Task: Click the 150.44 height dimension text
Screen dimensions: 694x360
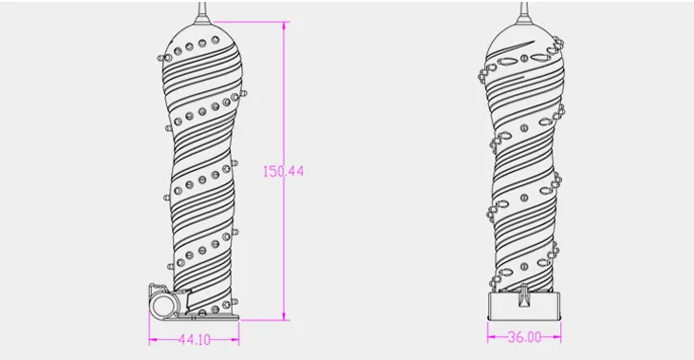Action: (283, 171)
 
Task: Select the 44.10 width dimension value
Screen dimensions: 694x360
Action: (195, 340)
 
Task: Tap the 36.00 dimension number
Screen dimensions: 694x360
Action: (524, 337)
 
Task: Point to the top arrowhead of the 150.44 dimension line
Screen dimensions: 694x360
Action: (284, 26)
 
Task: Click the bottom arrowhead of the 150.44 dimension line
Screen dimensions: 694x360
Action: (284, 315)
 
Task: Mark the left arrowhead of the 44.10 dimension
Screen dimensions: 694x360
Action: (153, 340)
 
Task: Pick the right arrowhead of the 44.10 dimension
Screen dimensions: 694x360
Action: (235, 340)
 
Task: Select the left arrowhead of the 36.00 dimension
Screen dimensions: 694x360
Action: (492, 337)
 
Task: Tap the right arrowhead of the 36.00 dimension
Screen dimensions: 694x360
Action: (556, 337)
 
